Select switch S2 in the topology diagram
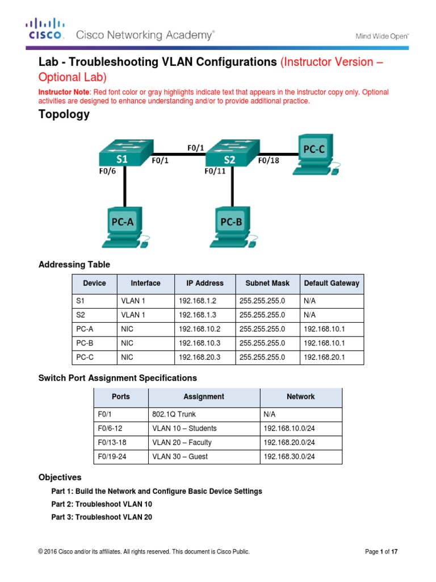(x=228, y=152)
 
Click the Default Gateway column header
(x=332, y=283)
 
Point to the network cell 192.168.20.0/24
(x=289, y=442)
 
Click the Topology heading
(x=64, y=114)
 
